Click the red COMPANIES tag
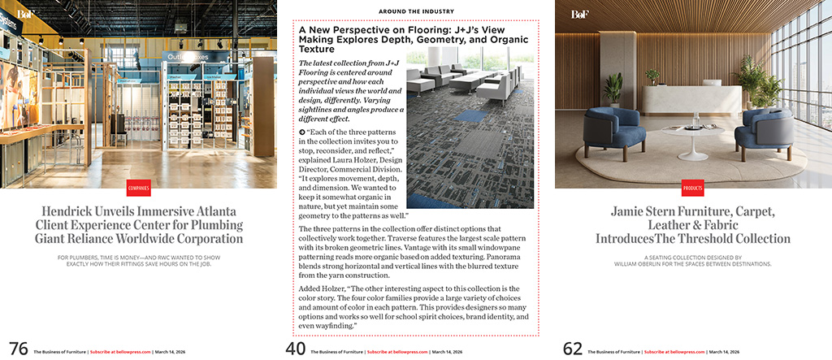pyautogui.click(x=138, y=188)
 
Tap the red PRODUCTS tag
pyautogui.click(x=693, y=188)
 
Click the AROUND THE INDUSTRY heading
pyautogui.click(x=416, y=11)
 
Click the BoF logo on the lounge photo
pyautogui.click(x=579, y=15)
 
